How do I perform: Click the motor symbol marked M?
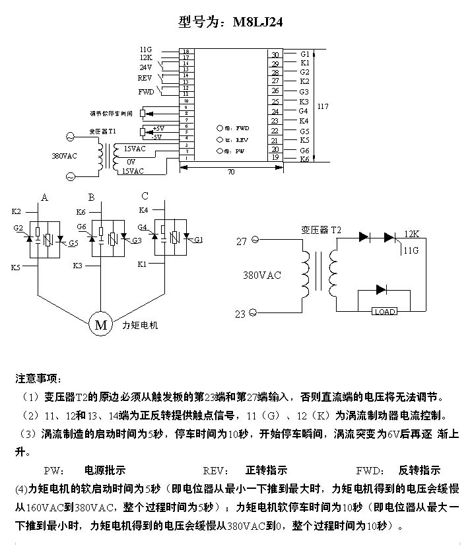[x=101, y=324]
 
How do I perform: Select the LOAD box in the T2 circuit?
[x=384, y=311]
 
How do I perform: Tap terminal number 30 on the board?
[x=276, y=55]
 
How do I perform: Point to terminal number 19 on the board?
[x=276, y=158]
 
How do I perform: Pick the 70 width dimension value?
[x=231, y=172]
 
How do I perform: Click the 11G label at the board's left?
[x=146, y=50]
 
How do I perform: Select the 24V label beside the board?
[x=146, y=67]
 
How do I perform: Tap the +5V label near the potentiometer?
[x=158, y=128]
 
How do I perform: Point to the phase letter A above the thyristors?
[x=44, y=197]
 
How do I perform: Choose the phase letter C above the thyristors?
[x=145, y=196]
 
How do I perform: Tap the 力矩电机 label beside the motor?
[x=141, y=325]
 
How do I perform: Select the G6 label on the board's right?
[x=304, y=151]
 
